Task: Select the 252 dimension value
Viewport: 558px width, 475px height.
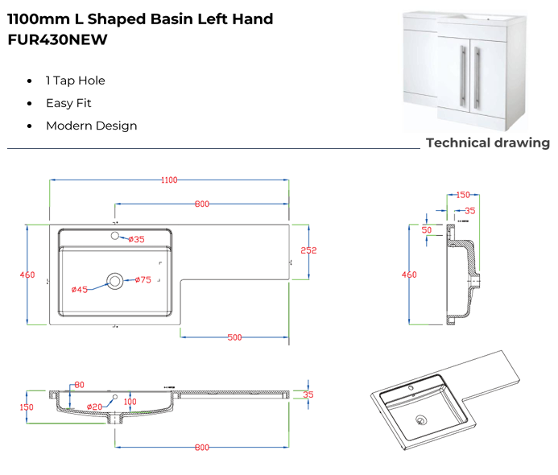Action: point(308,250)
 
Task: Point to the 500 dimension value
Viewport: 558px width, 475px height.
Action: point(234,337)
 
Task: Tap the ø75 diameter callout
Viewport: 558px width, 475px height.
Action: point(143,280)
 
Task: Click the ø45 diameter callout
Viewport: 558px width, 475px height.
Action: point(79,289)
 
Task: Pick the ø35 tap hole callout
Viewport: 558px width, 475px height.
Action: point(136,239)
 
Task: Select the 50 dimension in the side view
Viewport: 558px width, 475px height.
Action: point(427,230)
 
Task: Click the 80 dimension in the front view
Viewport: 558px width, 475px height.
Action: point(79,385)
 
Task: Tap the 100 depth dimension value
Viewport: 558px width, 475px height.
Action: point(130,402)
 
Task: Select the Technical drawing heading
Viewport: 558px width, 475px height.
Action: point(487,143)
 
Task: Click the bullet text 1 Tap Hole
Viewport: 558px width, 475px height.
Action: point(75,81)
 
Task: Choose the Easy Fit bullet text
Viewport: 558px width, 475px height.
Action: point(68,103)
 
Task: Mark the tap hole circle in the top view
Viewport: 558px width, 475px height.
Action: point(114,236)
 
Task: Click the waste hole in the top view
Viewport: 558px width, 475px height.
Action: point(115,280)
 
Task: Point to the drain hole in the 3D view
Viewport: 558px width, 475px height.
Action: point(420,419)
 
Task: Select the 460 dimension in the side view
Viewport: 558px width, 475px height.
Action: point(410,275)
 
